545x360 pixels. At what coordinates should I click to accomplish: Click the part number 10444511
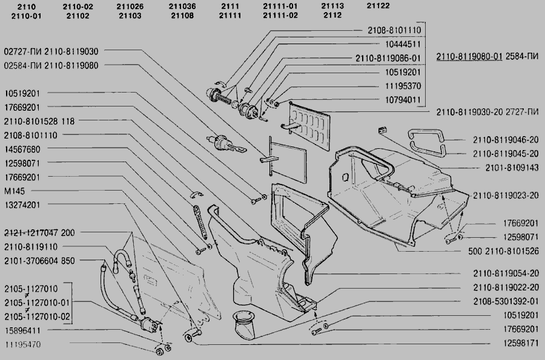403,44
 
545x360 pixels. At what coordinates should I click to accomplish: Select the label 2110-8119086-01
388,58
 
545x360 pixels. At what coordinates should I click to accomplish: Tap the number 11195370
403,86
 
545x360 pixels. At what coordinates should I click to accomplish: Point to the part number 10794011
403,100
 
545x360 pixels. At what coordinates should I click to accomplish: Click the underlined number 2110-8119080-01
469,56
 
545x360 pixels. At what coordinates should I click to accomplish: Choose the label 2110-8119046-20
506,140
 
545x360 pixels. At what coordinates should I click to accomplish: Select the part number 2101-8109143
512,168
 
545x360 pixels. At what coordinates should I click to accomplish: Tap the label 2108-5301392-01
506,301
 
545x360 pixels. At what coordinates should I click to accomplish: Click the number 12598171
521,343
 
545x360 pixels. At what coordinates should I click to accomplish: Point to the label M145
15,191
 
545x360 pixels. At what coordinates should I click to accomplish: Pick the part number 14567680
22,149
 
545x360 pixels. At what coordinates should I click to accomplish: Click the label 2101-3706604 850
39,261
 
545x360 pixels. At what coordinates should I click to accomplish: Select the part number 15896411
22,330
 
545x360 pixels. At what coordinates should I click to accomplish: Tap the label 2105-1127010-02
37,316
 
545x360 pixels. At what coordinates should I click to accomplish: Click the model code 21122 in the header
378,6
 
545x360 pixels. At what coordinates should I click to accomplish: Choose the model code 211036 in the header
182,6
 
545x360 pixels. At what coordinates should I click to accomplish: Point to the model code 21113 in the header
332,6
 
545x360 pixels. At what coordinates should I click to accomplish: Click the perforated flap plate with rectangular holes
309,126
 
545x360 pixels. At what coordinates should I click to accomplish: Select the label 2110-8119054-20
506,273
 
